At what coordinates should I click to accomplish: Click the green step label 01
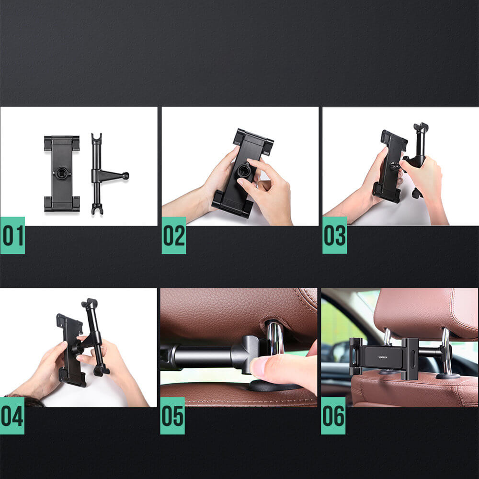(x=12, y=235)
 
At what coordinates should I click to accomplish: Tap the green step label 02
(x=174, y=235)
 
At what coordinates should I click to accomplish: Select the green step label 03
(x=334, y=235)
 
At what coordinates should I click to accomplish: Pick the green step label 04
(x=12, y=416)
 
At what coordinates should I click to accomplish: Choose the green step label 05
(x=172, y=416)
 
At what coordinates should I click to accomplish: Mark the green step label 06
(x=333, y=416)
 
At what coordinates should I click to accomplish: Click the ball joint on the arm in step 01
(x=125, y=176)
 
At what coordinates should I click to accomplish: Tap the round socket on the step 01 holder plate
(x=61, y=173)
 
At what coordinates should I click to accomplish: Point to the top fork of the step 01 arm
(x=96, y=138)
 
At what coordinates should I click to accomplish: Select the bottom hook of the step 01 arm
(x=96, y=209)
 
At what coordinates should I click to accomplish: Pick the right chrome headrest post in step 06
(x=445, y=352)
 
